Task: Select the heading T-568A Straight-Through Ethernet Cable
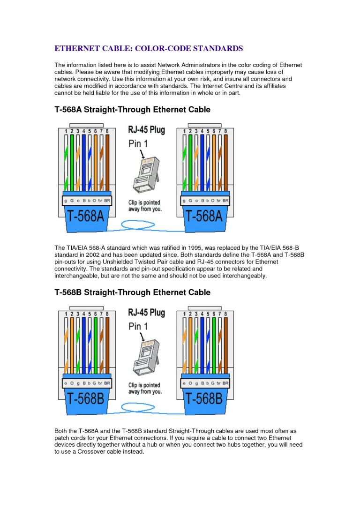[x=132, y=110]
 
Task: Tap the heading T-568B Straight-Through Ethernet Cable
[x=132, y=292]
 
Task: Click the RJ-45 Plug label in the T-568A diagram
[x=146, y=130]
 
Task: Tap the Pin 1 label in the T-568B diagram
[x=138, y=326]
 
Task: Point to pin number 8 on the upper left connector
[x=107, y=131]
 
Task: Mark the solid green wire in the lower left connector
[x=95, y=344]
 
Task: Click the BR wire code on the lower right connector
[x=225, y=383]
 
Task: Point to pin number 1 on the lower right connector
[x=183, y=314]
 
